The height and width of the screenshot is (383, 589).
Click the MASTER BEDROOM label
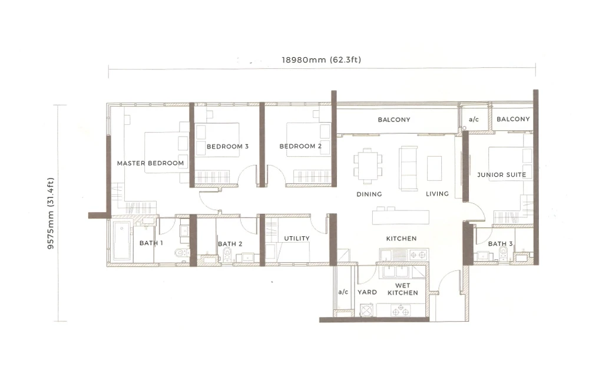150,163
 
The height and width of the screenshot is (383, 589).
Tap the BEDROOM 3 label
227,146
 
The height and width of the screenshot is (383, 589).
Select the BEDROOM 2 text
300,146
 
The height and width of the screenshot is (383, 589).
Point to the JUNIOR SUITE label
501,175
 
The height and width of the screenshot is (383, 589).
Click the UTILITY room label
297,238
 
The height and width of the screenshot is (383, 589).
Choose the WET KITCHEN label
403,289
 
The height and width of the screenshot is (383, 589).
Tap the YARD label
367,292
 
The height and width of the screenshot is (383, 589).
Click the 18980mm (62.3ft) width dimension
322,60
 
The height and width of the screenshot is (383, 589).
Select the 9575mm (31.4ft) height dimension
51,213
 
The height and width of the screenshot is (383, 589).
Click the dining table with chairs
368,166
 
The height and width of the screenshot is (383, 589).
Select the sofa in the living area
408,169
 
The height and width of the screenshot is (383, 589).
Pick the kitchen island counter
401,217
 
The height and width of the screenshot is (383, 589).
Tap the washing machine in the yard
366,311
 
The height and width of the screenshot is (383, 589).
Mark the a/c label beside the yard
343,292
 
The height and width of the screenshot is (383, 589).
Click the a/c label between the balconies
474,120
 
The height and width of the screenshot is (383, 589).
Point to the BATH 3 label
500,243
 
